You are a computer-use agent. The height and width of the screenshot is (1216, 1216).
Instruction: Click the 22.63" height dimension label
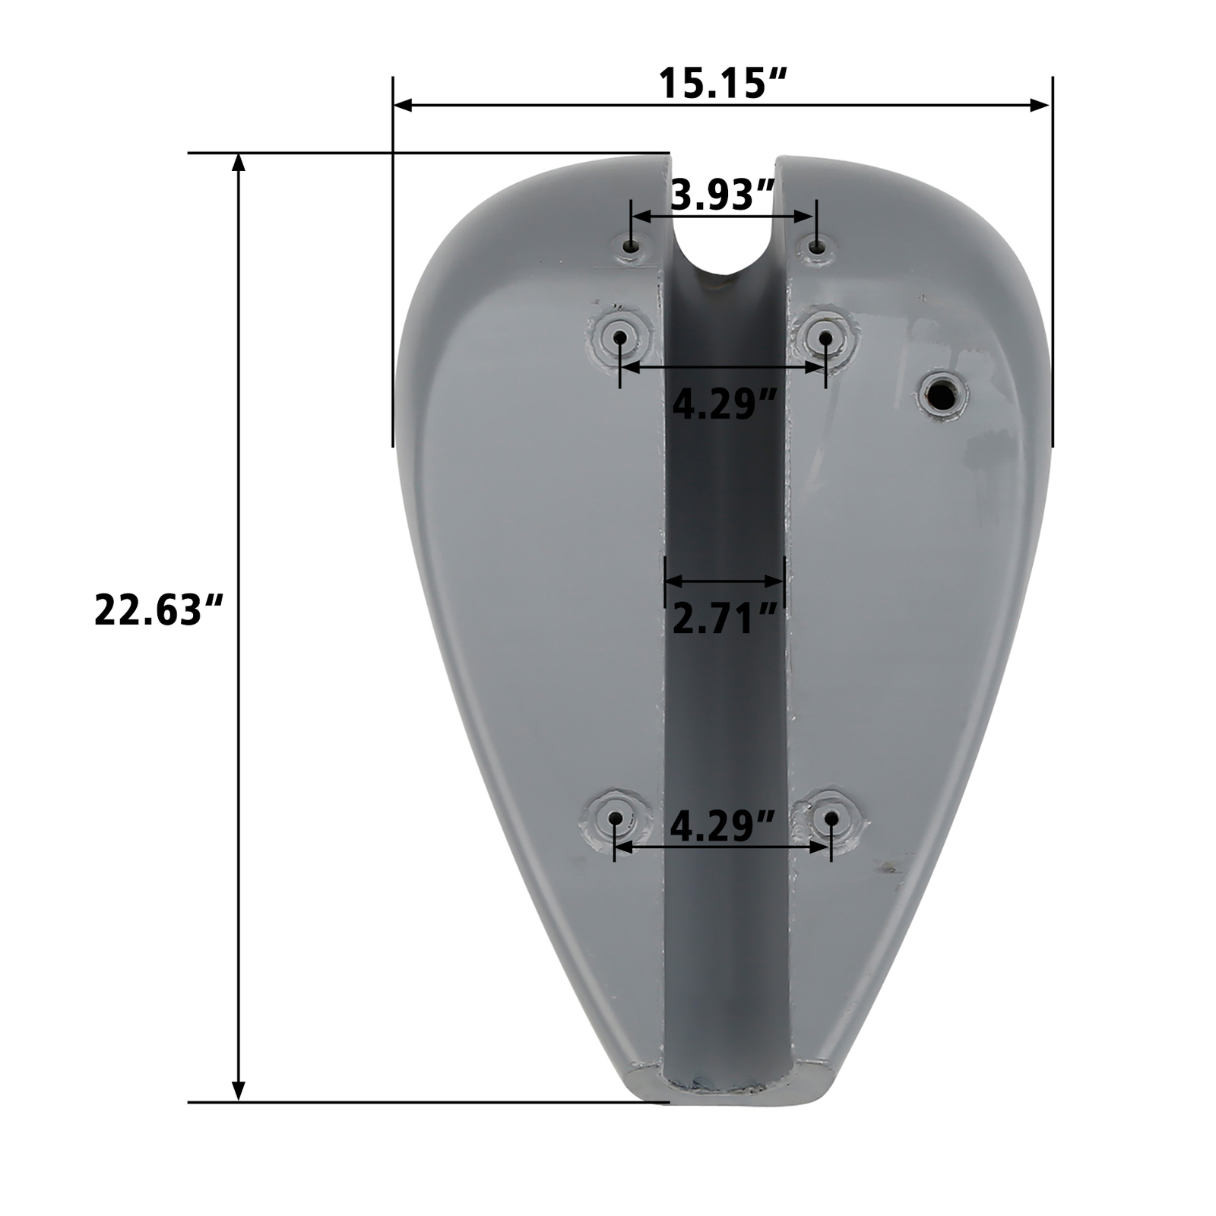pyautogui.click(x=158, y=610)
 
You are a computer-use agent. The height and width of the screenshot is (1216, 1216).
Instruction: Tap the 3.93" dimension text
pyautogui.click(x=723, y=195)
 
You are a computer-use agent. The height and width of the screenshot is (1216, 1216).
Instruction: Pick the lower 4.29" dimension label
pyautogui.click(x=722, y=825)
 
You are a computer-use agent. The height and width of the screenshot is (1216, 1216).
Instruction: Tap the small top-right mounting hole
pyautogui.click(x=817, y=247)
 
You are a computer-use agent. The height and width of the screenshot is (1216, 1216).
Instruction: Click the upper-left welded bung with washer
pyautogui.click(x=620, y=336)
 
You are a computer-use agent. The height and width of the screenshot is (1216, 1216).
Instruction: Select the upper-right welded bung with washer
pyautogui.click(x=825, y=335)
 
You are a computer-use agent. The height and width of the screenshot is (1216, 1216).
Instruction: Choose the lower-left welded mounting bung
pyautogui.click(x=615, y=819)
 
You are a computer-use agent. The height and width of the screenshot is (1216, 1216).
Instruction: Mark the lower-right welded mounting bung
pyautogui.click(x=831, y=819)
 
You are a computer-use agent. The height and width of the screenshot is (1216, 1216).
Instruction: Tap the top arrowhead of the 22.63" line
pyautogui.click(x=239, y=163)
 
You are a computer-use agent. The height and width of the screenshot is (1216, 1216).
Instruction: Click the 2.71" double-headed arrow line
pyautogui.click(x=724, y=581)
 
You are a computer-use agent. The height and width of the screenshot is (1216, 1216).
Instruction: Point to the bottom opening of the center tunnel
pyautogui.click(x=726, y=1083)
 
